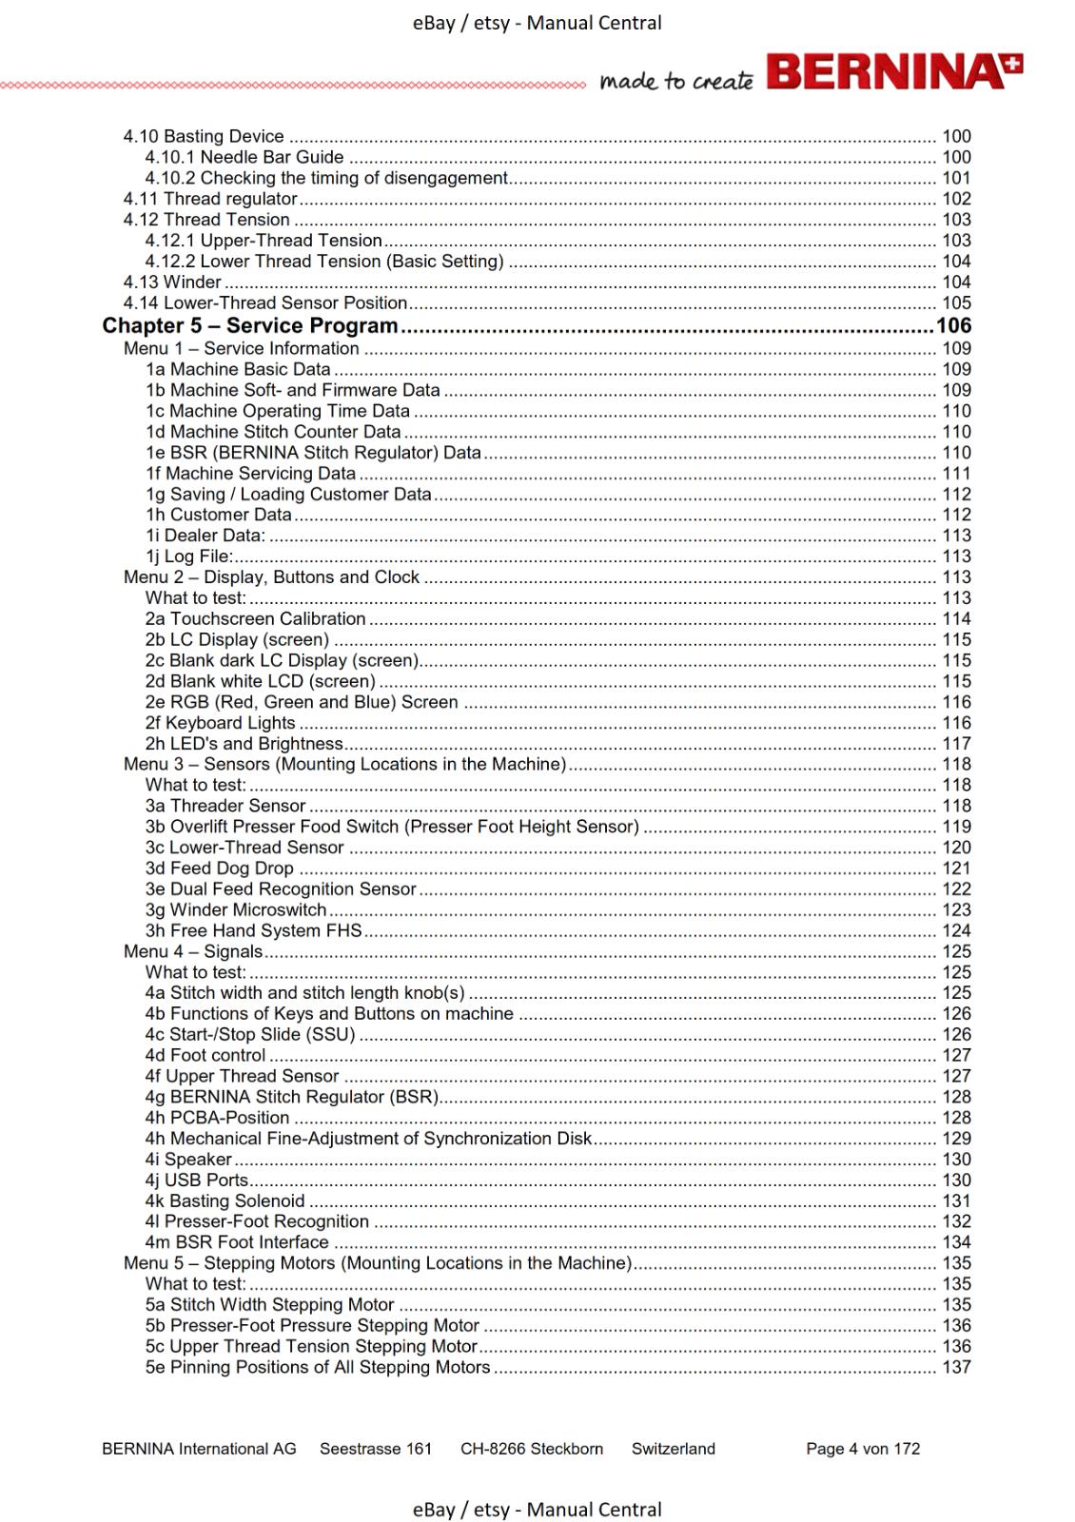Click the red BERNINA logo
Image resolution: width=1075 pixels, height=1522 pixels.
[x=894, y=72]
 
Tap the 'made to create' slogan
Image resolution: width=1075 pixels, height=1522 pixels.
[x=675, y=82]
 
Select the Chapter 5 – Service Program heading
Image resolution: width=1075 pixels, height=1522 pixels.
[x=250, y=325]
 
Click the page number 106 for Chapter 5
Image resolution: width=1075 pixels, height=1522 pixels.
[x=953, y=325]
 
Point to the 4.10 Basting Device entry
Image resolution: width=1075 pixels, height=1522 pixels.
[x=204, y=137]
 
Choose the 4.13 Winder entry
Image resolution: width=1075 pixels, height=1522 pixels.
[x=172, y=283]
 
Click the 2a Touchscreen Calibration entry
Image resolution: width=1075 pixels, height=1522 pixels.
[x=255, y=619]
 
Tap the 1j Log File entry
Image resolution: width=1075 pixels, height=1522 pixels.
[x=190, y=556]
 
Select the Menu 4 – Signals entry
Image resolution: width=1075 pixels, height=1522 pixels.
[x=193, y=952]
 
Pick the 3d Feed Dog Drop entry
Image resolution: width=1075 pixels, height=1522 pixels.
[x=220, y=868]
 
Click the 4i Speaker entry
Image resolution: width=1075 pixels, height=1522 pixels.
[x=188, y=1160]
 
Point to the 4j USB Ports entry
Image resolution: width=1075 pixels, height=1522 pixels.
[x=197, y=1181]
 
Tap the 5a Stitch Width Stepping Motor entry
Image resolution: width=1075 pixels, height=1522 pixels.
[x=269, y=1305]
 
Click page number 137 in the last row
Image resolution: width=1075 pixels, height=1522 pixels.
[x=956, y=1368]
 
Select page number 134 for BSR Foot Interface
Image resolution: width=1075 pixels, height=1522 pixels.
[x=956, y=1242]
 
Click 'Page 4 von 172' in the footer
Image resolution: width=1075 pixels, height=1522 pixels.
[x=863, y=1449]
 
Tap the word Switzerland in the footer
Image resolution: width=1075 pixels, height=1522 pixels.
[x=673, y=1449]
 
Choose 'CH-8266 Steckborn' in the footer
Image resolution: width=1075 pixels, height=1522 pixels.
[x=531, y=1449]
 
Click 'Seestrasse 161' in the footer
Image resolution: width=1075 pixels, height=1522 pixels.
[x=376, y=1449]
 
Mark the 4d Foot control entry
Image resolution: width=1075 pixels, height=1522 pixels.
[x=205, y=1056]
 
